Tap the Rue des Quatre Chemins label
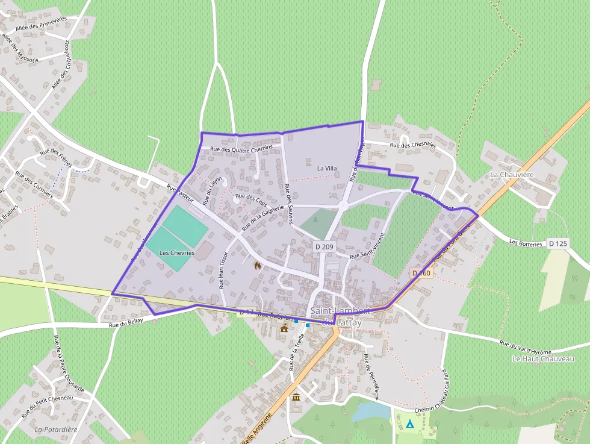[x=241, y=148]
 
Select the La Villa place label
[x=328, y=169]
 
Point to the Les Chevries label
[x=177, y=253]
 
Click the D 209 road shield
[x=324, y=246]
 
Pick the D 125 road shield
[x=558, y=243]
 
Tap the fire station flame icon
[x=258, y=265]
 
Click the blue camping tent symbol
[x=410, y=424]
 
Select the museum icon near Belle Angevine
[x=296, y=397]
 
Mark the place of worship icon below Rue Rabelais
[x=284, y=328]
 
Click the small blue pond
[x=370, y=411]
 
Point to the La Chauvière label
[x=512, y=175]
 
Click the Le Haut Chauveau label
[x=543, y=358]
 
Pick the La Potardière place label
[x=57, y=430]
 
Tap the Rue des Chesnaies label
[x=412, y=145]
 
